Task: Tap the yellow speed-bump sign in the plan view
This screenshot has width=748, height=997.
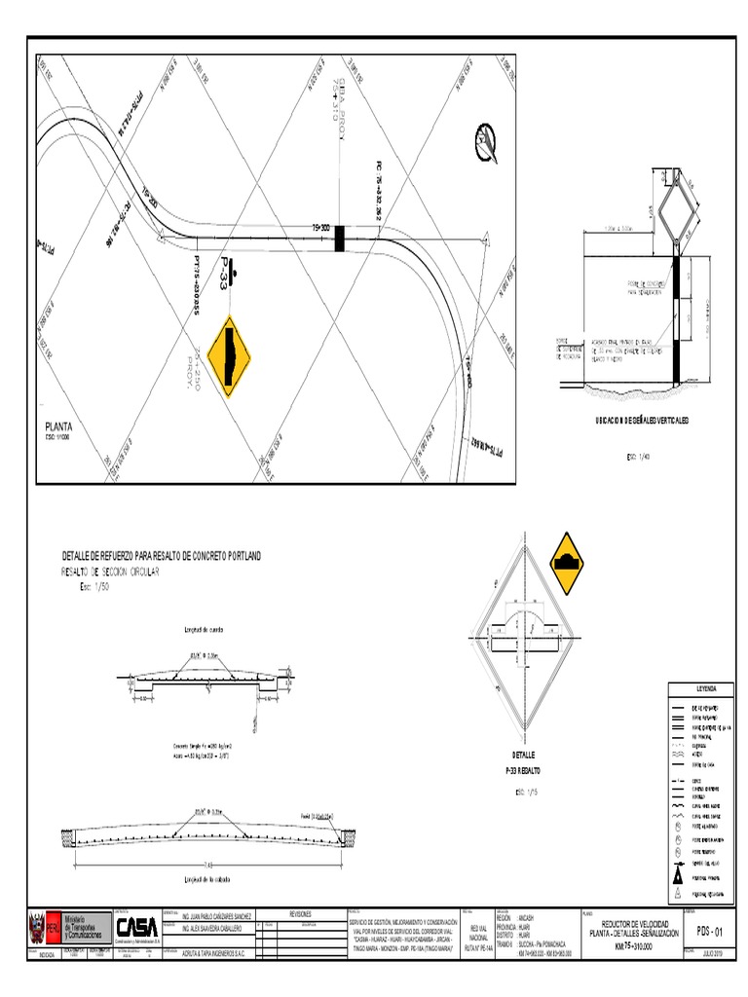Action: [232, 357]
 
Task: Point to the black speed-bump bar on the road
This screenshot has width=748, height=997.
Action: [340, 238]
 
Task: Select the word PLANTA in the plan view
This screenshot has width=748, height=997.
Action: [60, 426]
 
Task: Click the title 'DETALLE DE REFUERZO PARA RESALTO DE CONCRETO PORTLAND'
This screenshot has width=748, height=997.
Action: [162, 555]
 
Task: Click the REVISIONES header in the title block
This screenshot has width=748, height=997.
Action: [301, 914]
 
